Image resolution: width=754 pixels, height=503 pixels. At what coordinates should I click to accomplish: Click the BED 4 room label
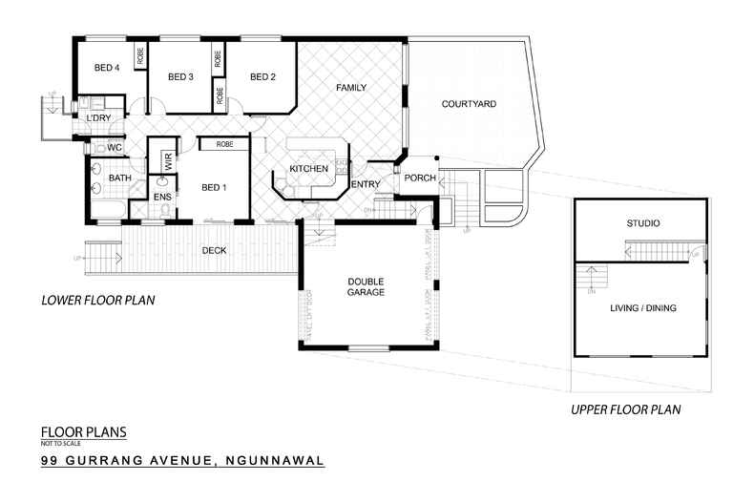(x=106, y=68)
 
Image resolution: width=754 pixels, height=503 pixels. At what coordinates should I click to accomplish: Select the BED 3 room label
(x=181, y=77)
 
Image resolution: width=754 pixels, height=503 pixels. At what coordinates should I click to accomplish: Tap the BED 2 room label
(x=262, y=77)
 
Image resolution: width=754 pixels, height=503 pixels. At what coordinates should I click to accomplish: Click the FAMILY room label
(x=351, y=88)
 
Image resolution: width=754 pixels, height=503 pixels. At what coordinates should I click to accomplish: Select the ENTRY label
(x=367, y=184)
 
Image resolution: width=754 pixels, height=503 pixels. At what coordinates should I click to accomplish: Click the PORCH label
(x=420, y=178)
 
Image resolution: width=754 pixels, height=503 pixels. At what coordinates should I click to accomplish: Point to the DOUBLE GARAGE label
(x=366, y=286)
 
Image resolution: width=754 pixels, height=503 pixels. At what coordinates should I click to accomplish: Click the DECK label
(x=214, y=251)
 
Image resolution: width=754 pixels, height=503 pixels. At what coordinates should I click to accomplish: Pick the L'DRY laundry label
(x=99, y=118)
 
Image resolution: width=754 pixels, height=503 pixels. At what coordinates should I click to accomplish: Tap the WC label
(x=114, y=148)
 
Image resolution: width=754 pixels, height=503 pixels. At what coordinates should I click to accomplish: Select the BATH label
(x=119, y=178)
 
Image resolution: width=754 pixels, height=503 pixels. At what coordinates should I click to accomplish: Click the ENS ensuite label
(x=162, y=198)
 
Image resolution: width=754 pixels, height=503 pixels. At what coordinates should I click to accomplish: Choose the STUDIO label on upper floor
(x=642, y=224)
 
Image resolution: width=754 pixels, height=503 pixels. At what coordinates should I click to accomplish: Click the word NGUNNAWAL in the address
(x=272, y=461)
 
